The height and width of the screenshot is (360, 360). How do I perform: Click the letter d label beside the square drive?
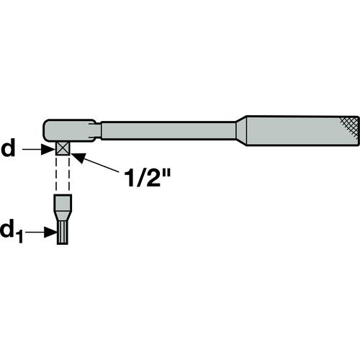click(x=8, y=148)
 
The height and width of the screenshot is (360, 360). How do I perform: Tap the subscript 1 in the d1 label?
click(x=19, y=236)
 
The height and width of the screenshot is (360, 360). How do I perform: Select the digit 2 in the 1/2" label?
click(x=149, y=177)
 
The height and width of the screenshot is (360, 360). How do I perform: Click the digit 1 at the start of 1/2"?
click(x=130, y=177)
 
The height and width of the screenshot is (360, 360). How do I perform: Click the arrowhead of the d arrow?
click(x=48, y=149)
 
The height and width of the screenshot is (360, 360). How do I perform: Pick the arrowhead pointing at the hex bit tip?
click(x=50, y=232)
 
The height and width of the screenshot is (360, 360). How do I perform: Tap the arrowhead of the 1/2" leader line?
click(x=78, y=157)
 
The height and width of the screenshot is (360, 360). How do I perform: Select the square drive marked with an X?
click(x=63, y=148)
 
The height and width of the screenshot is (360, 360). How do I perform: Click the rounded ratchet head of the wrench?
click(x=68, y=130)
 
